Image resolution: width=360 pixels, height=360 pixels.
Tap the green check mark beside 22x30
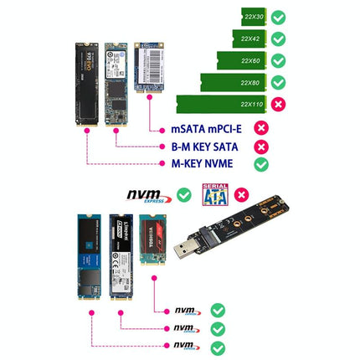pyautogui.click(x=279, y=17)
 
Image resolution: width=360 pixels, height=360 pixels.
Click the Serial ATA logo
pyautogui.click(x=216, y=195)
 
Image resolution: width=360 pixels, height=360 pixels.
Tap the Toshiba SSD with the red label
pyautogui.click(x=149, y=243)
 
